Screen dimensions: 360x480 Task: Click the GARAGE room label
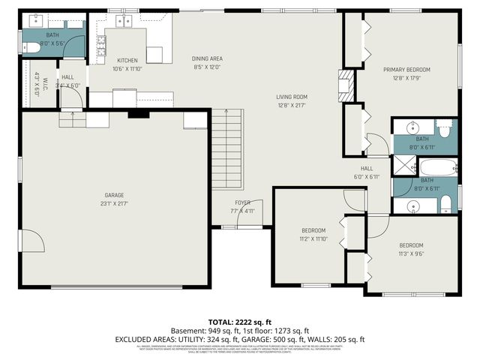click(115, 196)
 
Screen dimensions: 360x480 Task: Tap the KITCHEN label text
click(127, 60)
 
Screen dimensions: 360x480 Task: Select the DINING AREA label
click(207, 58)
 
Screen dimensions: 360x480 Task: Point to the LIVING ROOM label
click(293, 97)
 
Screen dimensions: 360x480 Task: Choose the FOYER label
click(243, 202)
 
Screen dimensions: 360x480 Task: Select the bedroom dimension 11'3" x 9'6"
click(411, 253)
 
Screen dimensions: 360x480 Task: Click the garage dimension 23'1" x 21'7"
click(115, 204)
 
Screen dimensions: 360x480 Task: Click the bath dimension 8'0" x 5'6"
click(52, 43)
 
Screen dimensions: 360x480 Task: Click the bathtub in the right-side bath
click(438, 166)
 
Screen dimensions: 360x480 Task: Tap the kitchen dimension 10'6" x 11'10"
click(127, 68)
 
